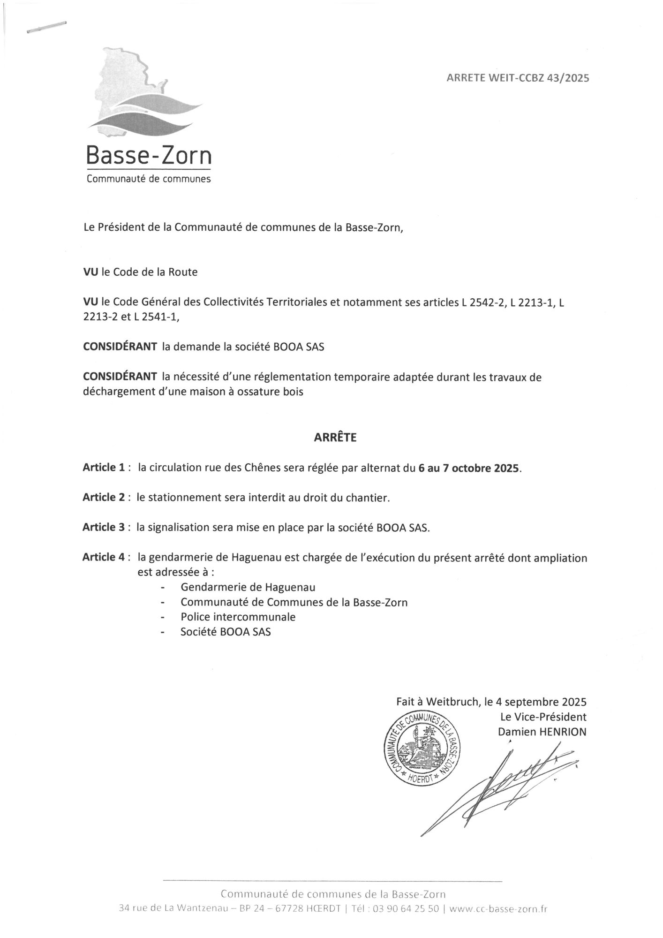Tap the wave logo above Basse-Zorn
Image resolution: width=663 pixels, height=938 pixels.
tap(145, 113)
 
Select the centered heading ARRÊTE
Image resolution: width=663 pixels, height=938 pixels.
tap(335, 438)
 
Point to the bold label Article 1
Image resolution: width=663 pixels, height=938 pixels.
tap(104, 468)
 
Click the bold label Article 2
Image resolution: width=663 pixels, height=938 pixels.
tap(104, 498)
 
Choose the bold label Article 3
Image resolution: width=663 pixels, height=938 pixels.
tap(104, 527)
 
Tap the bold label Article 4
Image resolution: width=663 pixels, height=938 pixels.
tap(104, 557)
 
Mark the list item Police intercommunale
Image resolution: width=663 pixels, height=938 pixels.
tap(238, 617)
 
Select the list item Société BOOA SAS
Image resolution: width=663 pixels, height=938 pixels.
tap(226, 632)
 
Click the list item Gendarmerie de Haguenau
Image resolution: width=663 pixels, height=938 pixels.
tap(248, 587)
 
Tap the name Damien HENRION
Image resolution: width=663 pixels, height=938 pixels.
tap(542, 732)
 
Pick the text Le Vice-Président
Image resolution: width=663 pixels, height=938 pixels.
tap(543, 717)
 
